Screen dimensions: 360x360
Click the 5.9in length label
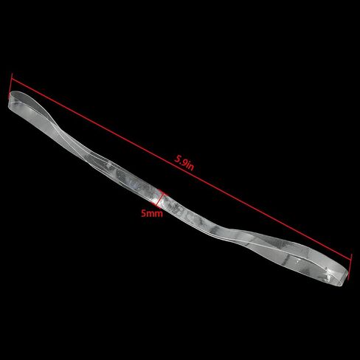184,163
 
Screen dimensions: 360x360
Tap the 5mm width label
152,213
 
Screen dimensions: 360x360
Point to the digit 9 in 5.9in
184,162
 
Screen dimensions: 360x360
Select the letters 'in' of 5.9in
191,167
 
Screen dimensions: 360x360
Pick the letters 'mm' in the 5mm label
154,213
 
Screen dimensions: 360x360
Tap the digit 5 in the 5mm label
143,213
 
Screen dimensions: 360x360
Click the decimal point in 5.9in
181,162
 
